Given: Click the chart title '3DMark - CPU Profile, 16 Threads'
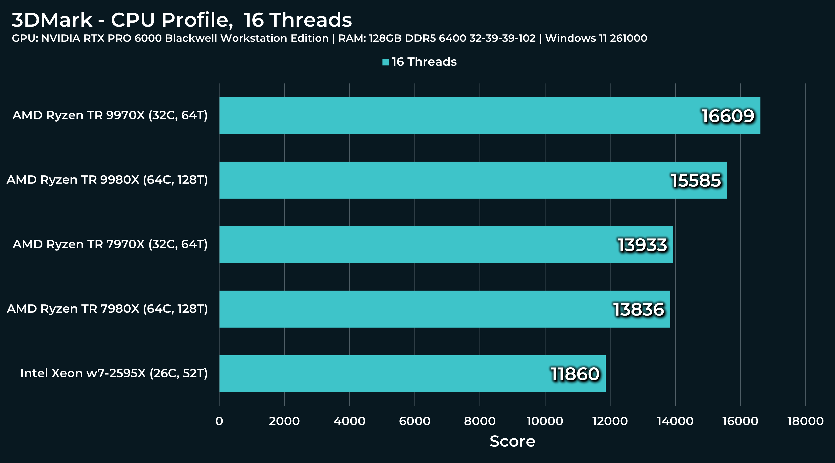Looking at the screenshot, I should [181, 20].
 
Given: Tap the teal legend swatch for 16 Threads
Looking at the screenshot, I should [385, 62].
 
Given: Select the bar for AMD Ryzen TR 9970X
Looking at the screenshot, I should [454, 115].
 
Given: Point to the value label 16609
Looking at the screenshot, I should [728, 116].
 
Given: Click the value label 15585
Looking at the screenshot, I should [696, 181].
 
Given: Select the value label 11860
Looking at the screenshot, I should [575, 374].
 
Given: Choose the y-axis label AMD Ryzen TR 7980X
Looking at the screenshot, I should [107, 309].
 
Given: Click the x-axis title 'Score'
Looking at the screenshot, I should [512, 441].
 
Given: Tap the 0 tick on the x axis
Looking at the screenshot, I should [219, 421].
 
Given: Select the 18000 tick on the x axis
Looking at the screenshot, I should [805, 421].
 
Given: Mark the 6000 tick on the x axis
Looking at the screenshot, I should [415, 421].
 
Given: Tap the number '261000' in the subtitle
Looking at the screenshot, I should [628, 38].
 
